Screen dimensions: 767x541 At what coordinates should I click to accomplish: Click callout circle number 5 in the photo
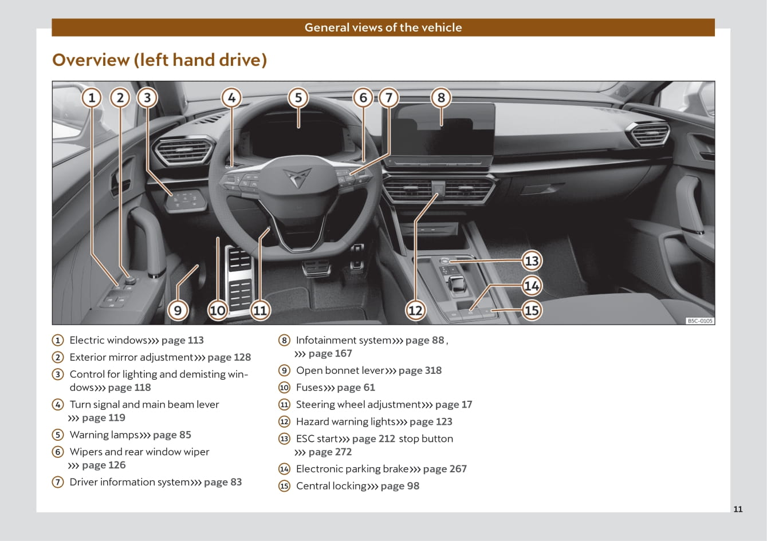tap(298, 98)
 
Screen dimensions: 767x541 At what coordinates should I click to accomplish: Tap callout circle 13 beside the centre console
tap(532, 261)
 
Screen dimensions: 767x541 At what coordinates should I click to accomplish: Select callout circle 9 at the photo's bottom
tap(178, 310)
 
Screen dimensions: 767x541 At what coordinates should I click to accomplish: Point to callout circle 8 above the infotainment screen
tap(441, 98)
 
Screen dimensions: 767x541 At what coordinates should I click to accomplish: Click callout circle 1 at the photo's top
tap(92, 98)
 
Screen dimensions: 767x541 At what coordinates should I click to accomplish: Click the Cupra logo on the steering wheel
tap(297, 177)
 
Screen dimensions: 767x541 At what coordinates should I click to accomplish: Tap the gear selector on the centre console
tap(457, 284)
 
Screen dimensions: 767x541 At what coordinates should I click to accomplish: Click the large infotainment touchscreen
tap(441, 130)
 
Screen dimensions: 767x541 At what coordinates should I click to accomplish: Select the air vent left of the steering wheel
tap(183, 151)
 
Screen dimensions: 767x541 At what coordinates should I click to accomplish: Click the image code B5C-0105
tap(700, 321)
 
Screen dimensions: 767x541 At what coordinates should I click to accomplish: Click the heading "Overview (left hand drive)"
tap(160, 60)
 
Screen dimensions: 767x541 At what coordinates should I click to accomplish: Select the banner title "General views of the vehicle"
tap(383, 27)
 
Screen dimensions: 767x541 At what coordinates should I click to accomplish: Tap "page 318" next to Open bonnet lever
tap(420, 370)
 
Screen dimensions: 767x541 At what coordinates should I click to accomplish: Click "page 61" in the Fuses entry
tap(356, 388)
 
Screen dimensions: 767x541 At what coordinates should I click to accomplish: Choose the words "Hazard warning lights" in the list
tap(346, 421)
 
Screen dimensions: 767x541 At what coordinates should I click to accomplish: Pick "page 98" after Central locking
tap(400, 486)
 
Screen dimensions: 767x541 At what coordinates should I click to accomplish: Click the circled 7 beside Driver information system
tap(58, 482)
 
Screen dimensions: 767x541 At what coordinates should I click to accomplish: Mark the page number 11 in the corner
tap(738, 509)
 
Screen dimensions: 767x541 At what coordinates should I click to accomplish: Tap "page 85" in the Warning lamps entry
tap(172, 435)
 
